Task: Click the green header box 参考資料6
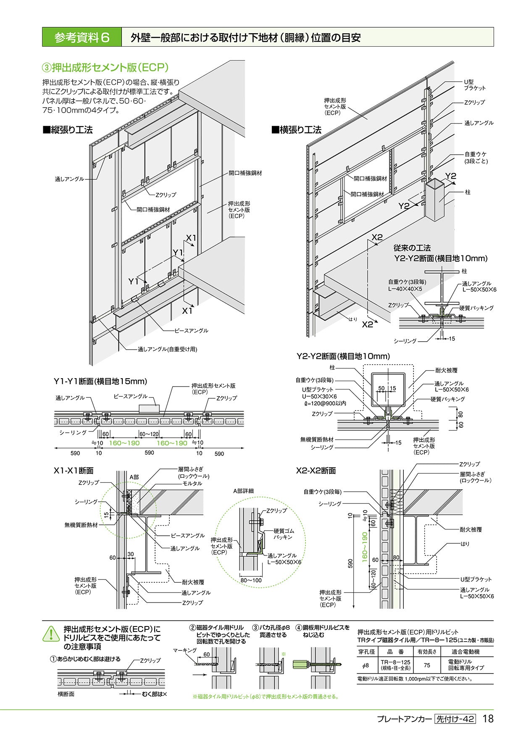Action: pyautogui.click(x=82, y=37)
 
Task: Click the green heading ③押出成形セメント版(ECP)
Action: pyautogui.click(x=105, y=67)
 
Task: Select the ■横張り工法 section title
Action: pyautogui.click(x=297, y=130)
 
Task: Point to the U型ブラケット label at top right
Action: pyautogui.click(x=474, y=85)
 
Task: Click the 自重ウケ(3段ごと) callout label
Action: pyautogui.click(x=476, y=158)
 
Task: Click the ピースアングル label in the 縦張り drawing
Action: pyautogui.click(x=191, y=331)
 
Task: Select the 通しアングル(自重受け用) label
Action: pyautogui.click(x=167, y=349)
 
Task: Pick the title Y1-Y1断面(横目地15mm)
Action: pyautogui.click(x=100, y=382)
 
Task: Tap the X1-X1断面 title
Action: pyautogui.click(x=74, y=471)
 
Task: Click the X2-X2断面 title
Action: pyautogui.click(x=316, y=471)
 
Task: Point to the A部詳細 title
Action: pyautogui.click(x=244, y=491)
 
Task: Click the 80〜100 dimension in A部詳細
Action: pyautogui.click(x=251, y=580)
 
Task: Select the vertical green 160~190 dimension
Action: pyautogui.click(x=364, y=547)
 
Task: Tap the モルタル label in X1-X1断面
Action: pyautogui.click(x=192, y=484)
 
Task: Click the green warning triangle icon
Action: pyautogui.click(x=51, y=634)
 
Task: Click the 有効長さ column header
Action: pyautogui.click(x=427, y=652)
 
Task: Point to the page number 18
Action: pyautogui.click(x=488, y=719)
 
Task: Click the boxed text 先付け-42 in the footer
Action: pyautogui.click(x=455, y=719)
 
